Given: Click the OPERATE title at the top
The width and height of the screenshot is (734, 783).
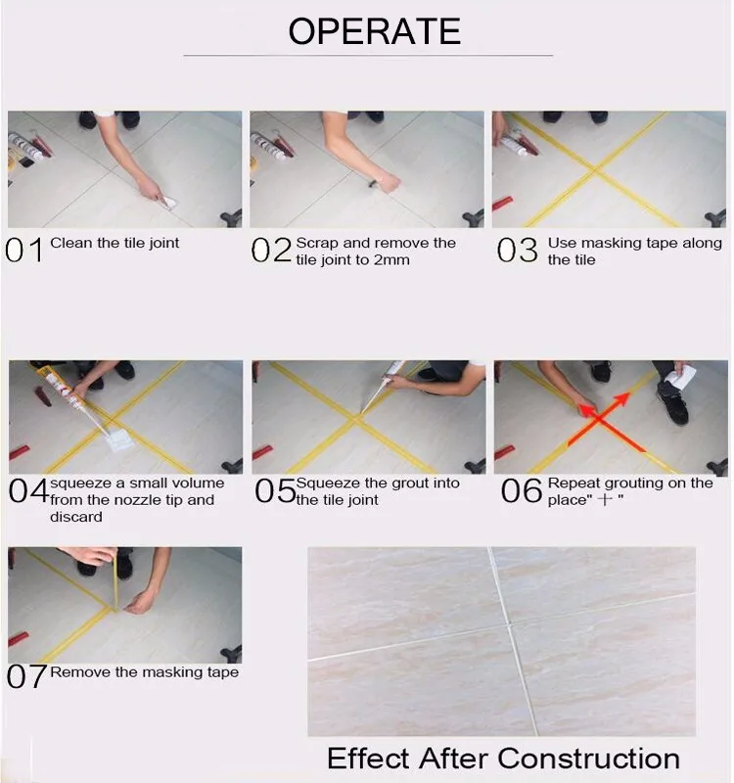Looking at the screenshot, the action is coord(375,31).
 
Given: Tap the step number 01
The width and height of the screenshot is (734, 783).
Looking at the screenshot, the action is coord(23,250).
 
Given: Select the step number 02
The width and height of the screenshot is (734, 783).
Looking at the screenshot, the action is coord(271,250).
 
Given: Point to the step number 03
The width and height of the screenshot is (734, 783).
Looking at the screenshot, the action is coord(518,250).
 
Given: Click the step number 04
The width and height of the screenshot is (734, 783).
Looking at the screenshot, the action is coord(28,490).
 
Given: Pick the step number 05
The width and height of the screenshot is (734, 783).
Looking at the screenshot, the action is coord(275,490).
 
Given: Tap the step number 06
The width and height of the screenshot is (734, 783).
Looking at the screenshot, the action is coord(522,490).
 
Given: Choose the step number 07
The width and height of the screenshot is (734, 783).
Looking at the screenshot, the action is coord(27,676).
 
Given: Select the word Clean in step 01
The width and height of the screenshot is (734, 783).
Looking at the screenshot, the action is coord(71,243).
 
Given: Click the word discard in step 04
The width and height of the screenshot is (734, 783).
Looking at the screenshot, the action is coord(76,517).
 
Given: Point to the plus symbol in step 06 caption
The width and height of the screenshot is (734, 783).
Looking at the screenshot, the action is coord(605,500).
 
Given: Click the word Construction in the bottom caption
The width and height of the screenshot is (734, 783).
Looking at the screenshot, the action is coord(589,759).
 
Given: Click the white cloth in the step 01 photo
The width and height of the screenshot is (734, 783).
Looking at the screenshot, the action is coord(168,203).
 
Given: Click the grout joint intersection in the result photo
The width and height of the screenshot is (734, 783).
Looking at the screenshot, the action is coord(509,623).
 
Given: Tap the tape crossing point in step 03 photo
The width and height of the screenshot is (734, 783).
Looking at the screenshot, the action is coord(595,170).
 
